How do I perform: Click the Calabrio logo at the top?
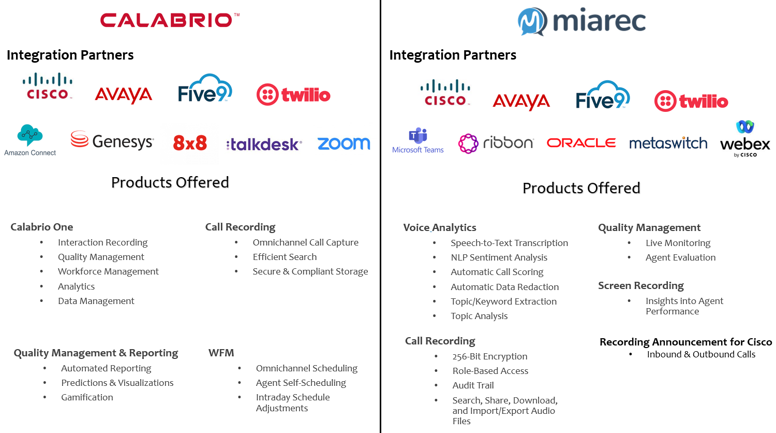pyautogui.click(x=170, y=20)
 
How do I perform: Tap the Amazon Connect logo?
pyautogui.click(x=30, y=140)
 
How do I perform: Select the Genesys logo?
pyautogui.click(x=112, y=141)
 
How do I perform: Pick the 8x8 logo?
pyautogui.click(x=190, y=143)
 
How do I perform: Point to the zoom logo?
pyautogui.click(x=344, y=143)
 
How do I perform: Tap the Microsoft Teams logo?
pyautogui.click(x=418, y=140)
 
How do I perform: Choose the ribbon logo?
pyautogui.click(x=496, y=143)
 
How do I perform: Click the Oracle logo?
pyautogui.click(x=581, y=142)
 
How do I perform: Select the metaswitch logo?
pyautogui.click(x=668, y=143)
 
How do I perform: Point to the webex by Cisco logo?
pyautogui.click(x=745, y=139)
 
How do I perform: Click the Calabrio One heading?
pyautogui.click(x=42, y=227)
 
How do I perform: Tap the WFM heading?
pyautogui.click(x=221, y=353)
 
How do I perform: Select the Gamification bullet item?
pyautogui.click(x=87, y=397)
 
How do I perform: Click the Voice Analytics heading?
pyautogui.click(x=440, y=227)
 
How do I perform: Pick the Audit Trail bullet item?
pyautogui.click(x=473, y=385)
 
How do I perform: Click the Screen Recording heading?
pyautogui.click(x=641, y=285)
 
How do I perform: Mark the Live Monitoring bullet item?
pyautogui.click(x=678, y=243)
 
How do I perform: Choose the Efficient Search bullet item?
pyautogui.click(x=285, y=257)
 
